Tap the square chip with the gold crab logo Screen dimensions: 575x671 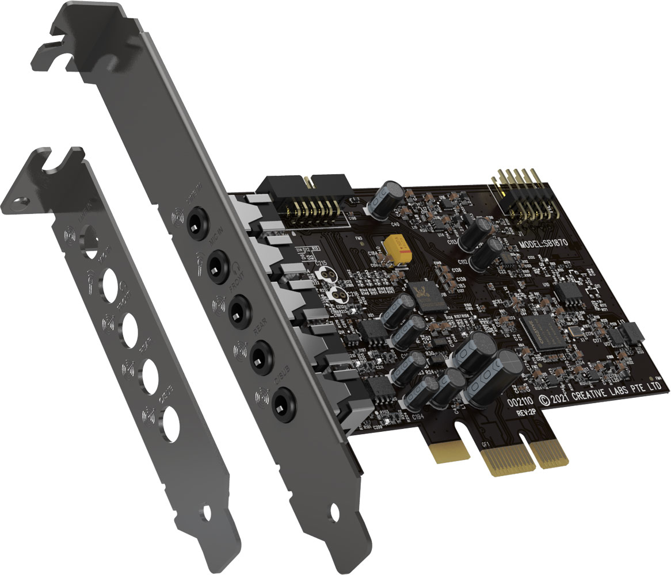pos(426,293)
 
